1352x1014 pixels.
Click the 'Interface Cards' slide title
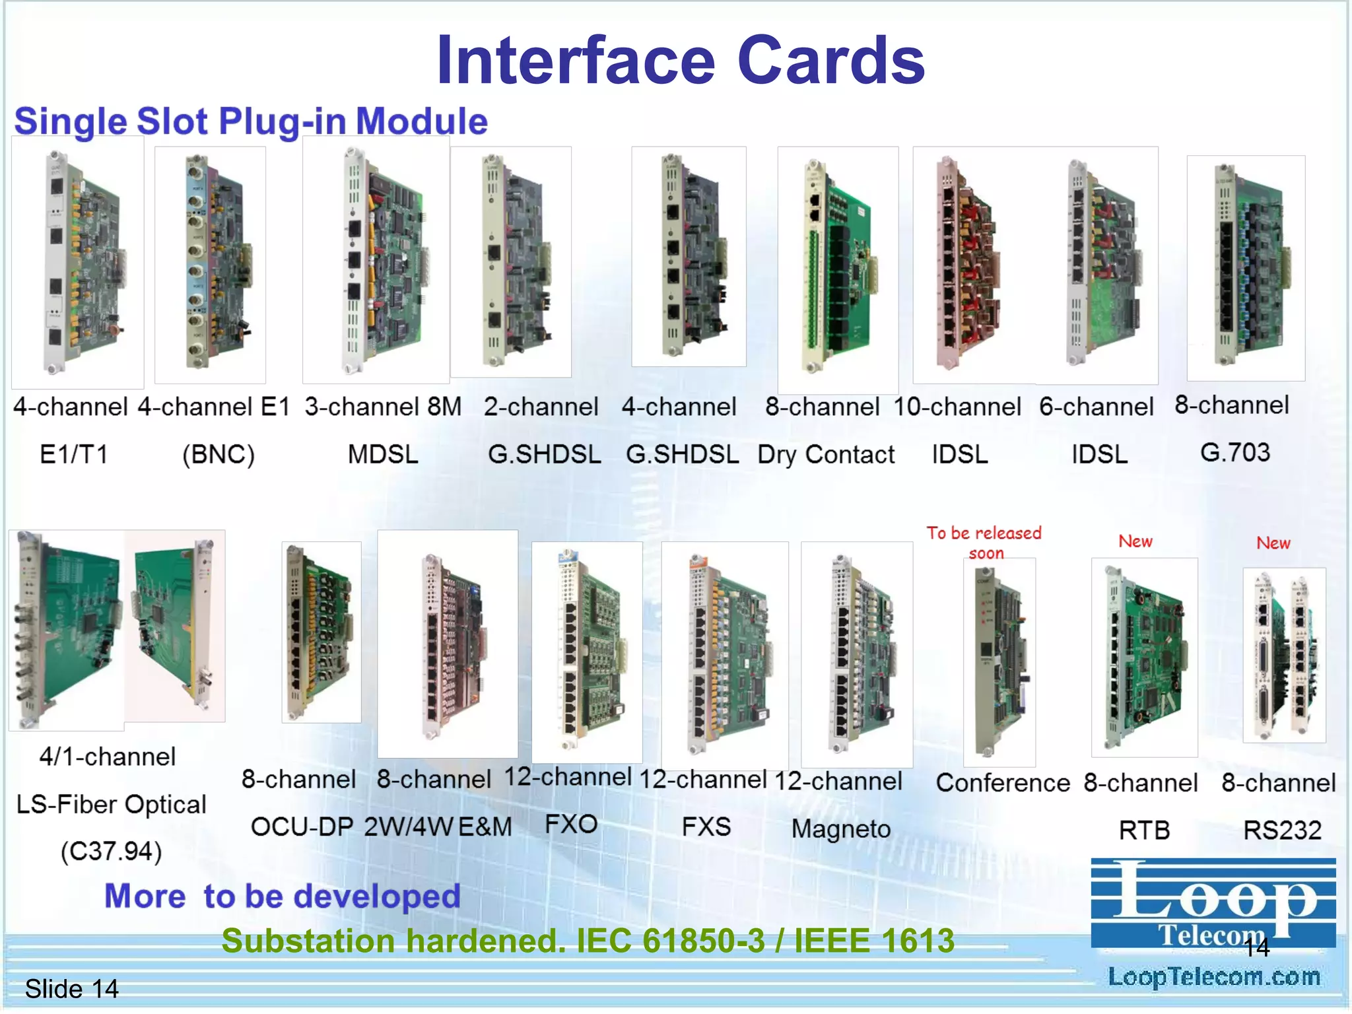click(681, 61)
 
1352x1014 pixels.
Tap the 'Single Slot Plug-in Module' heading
click(251, 121)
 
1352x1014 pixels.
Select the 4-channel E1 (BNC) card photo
click(210, 264)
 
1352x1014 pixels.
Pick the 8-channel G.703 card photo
click(1246, 267)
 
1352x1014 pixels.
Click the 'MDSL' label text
click(383, 454)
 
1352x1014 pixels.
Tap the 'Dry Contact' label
click(826, 455)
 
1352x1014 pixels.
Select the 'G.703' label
click(1234, 453)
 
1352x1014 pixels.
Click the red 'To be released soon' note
click(984, 542)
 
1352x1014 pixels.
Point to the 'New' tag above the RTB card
click(1135, 541)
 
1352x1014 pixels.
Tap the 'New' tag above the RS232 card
click(1273, 543)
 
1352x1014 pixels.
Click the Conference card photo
click(999, 662)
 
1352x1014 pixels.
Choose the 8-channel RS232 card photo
click(1284, 655)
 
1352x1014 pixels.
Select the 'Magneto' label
click(841, 828)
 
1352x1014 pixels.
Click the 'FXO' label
click(571, 824)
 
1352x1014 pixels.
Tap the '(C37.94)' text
click(111, 851)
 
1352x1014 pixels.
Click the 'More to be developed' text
click(283, 896)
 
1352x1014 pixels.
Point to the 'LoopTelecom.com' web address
click(1214, 976)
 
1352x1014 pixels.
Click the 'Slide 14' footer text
click(71, 989)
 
